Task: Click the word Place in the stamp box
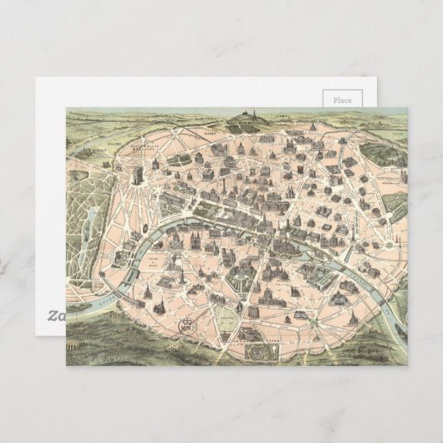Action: [x=343, y=99]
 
